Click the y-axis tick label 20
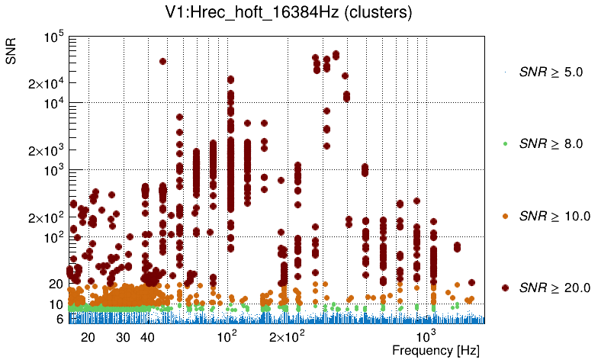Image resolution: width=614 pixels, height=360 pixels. coord(56,284)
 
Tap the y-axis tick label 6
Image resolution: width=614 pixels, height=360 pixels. coord(59,319)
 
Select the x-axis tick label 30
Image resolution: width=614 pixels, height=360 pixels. coord(123,337)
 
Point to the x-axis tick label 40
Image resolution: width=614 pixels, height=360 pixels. coord(148,337)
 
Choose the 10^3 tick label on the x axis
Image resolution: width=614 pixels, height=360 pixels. coord(425,336)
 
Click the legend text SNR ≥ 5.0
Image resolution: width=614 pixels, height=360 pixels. coord(551,72)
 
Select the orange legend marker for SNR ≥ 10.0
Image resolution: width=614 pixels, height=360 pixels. coord(505,216)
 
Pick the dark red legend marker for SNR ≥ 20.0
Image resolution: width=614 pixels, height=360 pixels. coord(505,288)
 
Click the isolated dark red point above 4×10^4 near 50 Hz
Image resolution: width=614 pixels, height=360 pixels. coord(162,61)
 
